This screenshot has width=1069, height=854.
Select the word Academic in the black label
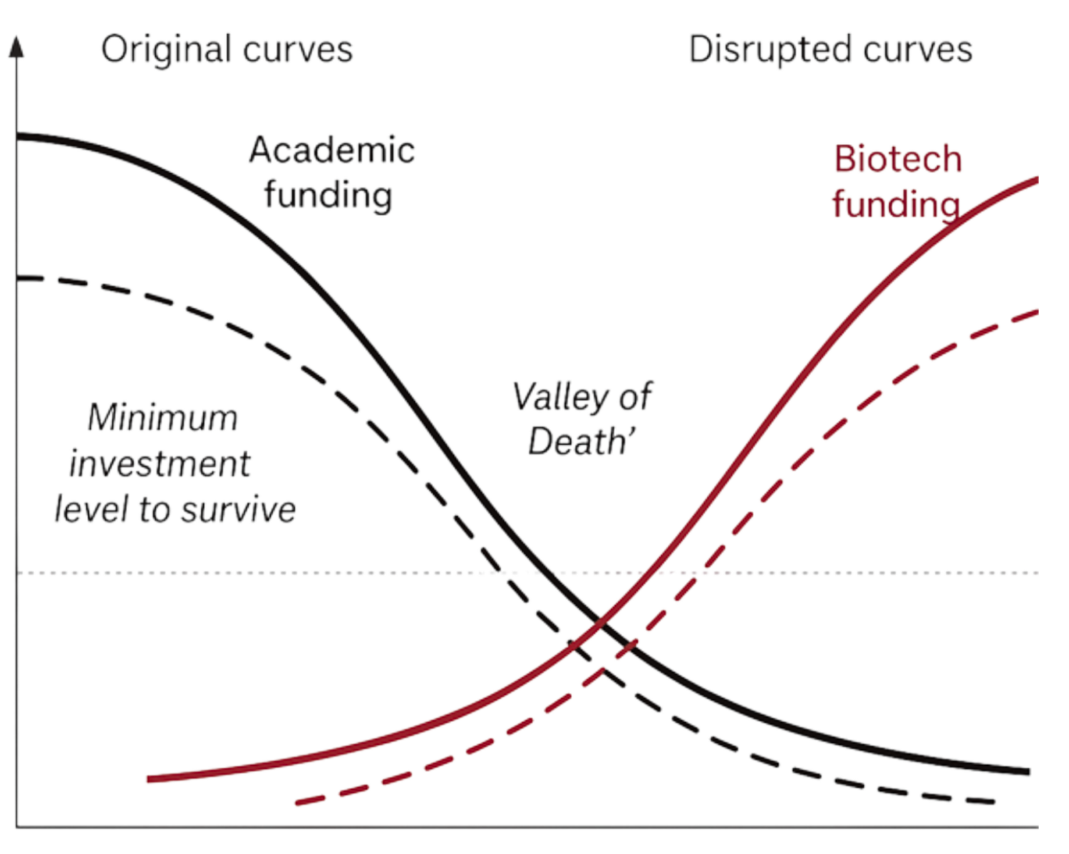(x=332, y=150)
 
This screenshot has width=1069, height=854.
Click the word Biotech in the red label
(x=898, y=159)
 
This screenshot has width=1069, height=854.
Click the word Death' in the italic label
(x=582, y=441)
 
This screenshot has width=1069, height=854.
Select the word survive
(x=239, y=510)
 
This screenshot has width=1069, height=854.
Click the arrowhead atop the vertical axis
(x=16, y=47)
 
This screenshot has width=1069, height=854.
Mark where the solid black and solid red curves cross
(x=601, y=622)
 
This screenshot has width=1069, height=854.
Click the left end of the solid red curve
(x=148, y=779)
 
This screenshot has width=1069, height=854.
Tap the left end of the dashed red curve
(x=296, y=803)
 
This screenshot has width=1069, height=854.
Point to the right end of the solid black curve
(x=1029, y=772)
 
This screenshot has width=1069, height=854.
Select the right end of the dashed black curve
(x=994, y=801)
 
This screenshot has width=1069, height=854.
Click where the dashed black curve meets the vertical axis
(x=17, y=278)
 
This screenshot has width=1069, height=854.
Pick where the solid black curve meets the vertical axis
(x=17, y=135)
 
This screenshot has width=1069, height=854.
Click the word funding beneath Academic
(x=329, y=196)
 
